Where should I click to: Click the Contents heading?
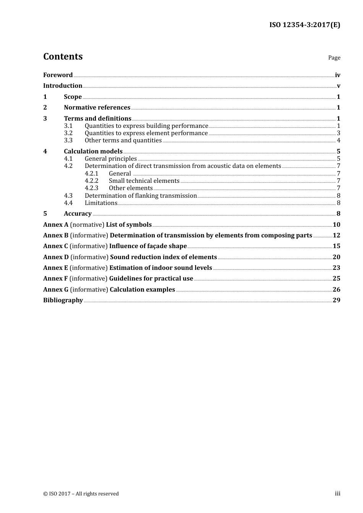(x=63, y=56)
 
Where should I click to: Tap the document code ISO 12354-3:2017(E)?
(x=305, y=25)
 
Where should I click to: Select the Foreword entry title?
(x=58, y=75)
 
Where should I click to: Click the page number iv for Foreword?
(x=337, y=75)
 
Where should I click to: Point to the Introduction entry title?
(x=63, y=86)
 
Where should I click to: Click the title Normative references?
(x=97, y=108)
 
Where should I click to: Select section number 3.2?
(x=68, y=133)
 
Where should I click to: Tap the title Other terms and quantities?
(x=123, y=140)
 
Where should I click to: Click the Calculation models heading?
(x=93, y=152)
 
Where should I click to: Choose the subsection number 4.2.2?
(x=91, y=181)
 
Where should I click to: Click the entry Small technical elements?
(x=144, y=181)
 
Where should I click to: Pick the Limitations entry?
(x=101, y=203)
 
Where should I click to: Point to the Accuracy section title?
(x=78, y=214)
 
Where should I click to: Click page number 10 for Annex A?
(x=336, y=225)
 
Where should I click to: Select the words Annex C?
(x=55, y=246)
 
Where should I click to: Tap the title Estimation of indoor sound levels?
(x=160, y=268)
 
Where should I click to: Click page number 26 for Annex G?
(x=336, y=290)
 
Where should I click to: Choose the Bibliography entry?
(x=63, y=300)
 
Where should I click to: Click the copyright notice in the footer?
(x=81, y=494)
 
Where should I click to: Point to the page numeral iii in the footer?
(x=337, y=494)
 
